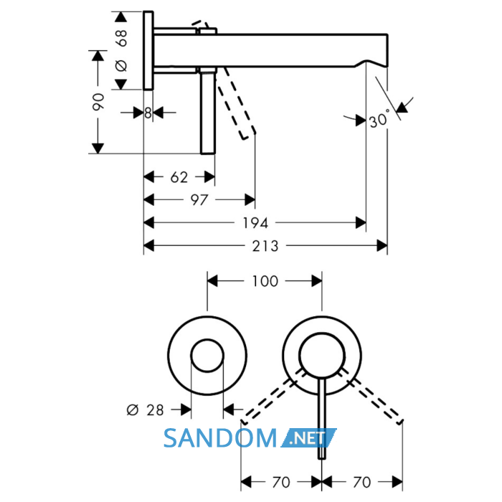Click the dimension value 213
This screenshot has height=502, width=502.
(265, 246)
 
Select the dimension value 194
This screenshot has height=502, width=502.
(255, 223)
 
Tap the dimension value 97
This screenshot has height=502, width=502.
(199, 200)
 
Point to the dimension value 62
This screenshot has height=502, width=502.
(179, 177)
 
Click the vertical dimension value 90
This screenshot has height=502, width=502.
(98, 102)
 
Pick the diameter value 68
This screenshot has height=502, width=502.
(122, 38)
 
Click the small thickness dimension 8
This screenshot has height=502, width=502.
(148, 113)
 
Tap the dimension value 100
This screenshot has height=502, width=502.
(265, 281)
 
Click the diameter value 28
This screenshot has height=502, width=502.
(155, 409)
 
